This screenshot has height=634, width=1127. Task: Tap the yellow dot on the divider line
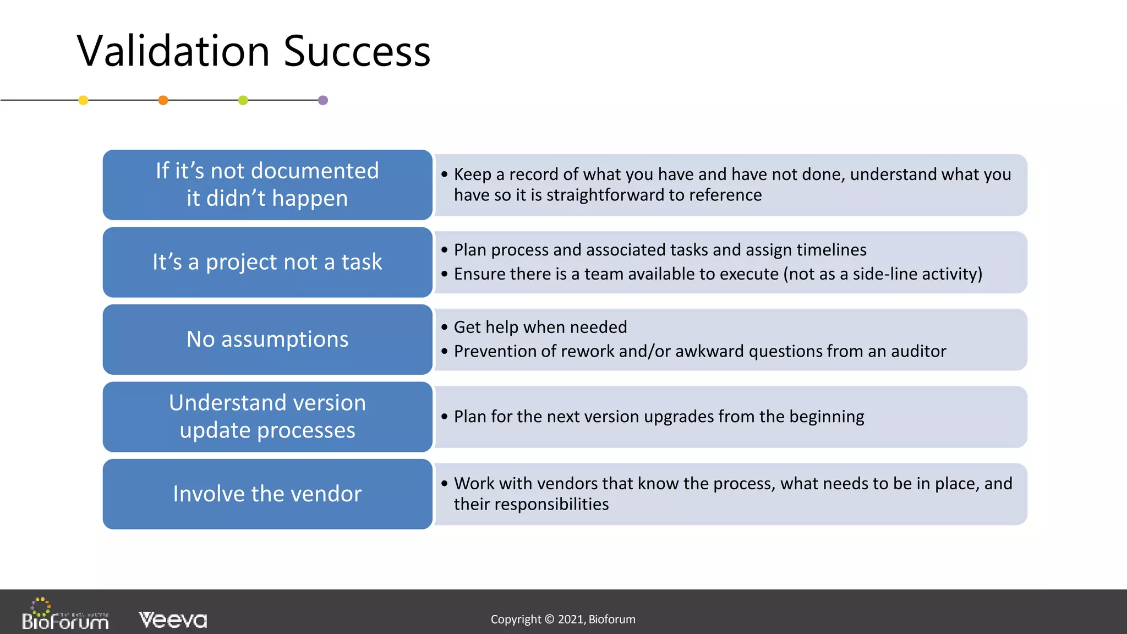(x=83, y=100)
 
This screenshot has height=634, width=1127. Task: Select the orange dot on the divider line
(x=163, y=100)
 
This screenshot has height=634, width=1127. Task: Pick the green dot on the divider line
(x=243, y=100)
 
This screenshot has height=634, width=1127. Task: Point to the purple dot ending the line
(x=323, y=100)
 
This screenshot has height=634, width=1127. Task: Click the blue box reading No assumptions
(x=267, y=339)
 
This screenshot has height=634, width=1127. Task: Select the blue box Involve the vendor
(x=267, y=494)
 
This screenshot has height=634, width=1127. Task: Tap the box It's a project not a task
(x=267, y=262)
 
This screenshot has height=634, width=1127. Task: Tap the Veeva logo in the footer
(x=173, y=620)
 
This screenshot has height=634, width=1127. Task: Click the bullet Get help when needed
(x=540, y=327)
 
